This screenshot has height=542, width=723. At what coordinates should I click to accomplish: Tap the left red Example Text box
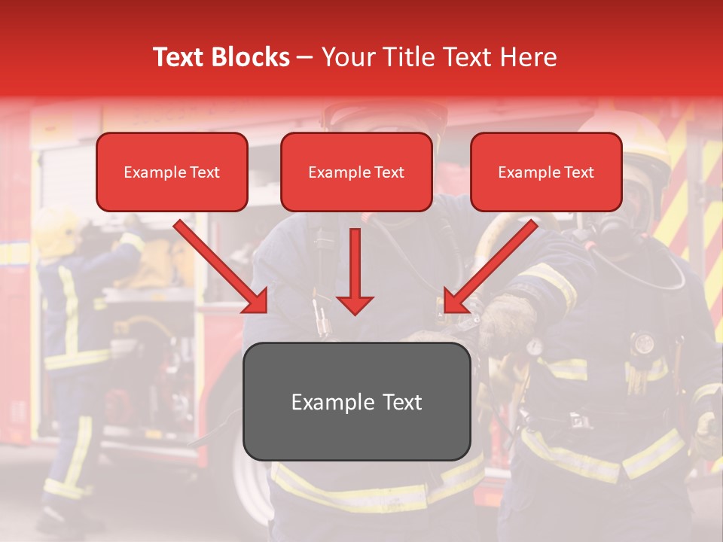172,172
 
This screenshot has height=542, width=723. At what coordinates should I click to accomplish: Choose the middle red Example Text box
356,172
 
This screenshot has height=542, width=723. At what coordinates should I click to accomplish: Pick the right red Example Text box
546,172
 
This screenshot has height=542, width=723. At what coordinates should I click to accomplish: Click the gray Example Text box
356,401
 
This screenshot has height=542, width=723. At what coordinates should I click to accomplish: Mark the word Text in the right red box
578,172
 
